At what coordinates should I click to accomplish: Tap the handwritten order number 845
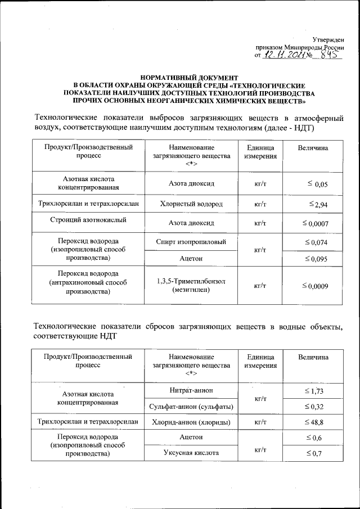pos(330,55)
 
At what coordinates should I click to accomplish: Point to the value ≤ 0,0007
pos(315,223)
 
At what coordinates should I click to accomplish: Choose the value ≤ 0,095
pos(316,259)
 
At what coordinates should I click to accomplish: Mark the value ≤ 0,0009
pos(315,286)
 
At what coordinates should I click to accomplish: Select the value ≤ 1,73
pos(316,390)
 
